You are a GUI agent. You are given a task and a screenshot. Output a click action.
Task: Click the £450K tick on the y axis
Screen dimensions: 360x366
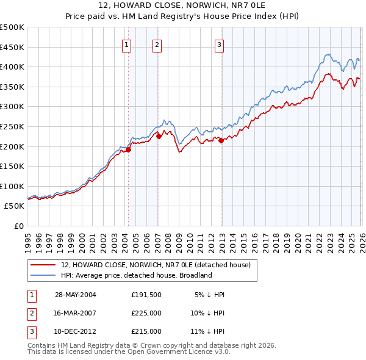coord(12,47)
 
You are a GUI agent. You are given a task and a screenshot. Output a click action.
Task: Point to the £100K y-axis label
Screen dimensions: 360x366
coord(12,186)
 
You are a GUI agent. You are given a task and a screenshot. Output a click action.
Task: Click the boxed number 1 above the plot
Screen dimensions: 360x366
coord(127,44)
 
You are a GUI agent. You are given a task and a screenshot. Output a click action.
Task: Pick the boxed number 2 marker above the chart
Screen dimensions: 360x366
coord(157,44)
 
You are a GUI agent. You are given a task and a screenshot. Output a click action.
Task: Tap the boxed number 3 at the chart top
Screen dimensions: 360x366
coord(219,44)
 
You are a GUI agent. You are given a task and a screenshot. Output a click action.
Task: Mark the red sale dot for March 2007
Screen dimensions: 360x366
coord(159,137)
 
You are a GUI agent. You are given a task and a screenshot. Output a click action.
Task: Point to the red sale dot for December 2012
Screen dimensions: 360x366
coord(221,140)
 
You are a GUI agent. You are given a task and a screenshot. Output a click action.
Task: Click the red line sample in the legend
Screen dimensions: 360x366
coord(43,265)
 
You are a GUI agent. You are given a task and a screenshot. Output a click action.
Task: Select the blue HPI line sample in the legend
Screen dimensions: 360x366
coord(43,275)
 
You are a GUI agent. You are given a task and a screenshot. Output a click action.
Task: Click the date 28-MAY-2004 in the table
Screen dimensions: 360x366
coord(76,295)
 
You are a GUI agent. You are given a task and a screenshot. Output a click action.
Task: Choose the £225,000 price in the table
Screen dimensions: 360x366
coord(146,313)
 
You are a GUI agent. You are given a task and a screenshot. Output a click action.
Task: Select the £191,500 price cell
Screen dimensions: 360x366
coord(146,295)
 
